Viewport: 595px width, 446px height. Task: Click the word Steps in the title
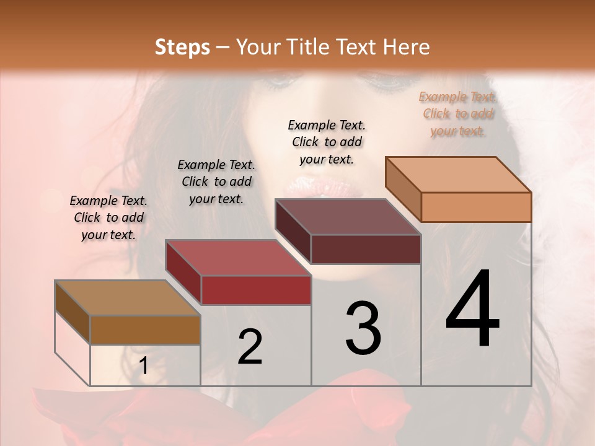pyautogui.click(x=182, y=47)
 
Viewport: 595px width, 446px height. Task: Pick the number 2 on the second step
pyautogui.click(x=250, y=347)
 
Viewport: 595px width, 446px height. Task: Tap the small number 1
pyautogui.click(x=144, y=366)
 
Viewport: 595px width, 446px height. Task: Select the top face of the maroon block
pyautogui.click(x=348, y=217)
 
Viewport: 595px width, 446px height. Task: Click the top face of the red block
pyautogui.click(x=238, y=258)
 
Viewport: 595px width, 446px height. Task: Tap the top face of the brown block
pyautogui.click(x=128, y=298)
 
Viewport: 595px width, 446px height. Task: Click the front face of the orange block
pyautogui.click(x=476, y=207)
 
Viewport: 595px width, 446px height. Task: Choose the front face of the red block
pyautogui.click(x=256, y=290)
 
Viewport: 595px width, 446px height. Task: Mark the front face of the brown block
pyautogui.click(x=146, y=330)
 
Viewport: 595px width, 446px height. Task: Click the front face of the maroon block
pyautogui.click(x=366, y=249)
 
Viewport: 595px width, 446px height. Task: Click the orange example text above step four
pyautogui.click(x=458, y=113)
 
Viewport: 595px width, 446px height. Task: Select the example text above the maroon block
pyautogui.click(x=327, y=142)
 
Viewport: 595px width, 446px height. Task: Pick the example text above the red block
pyautogui.click(x=216, y=181)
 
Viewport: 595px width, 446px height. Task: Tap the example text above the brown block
pyautogui.click(x=108, y=217)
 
